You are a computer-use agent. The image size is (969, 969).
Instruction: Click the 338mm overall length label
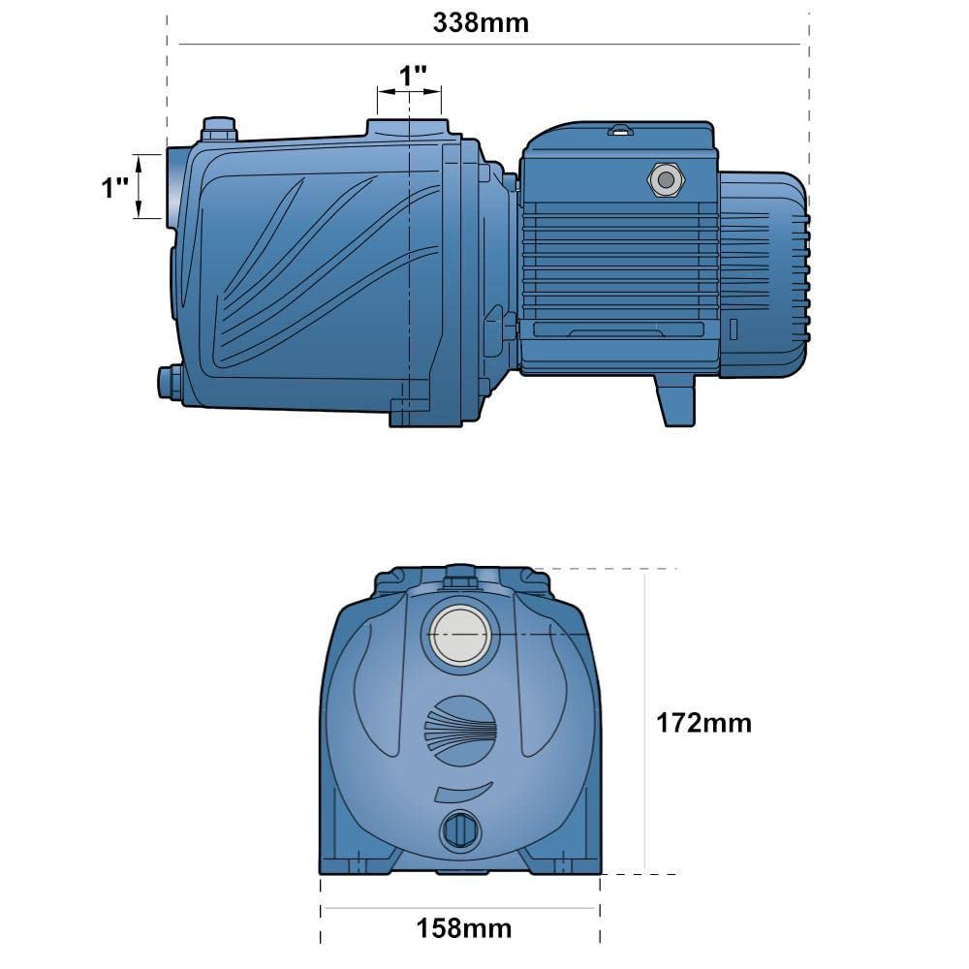481,23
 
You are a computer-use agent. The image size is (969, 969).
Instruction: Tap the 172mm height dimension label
703,723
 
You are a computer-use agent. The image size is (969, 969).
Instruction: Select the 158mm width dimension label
464,928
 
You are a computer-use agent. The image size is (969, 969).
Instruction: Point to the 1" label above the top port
413,76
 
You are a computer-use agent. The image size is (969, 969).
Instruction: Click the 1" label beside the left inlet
115,187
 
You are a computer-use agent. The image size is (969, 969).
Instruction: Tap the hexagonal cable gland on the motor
666,180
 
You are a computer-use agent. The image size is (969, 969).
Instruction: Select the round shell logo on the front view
461,731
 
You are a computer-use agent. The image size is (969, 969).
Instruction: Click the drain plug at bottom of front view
460,830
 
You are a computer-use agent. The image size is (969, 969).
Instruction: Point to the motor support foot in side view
674,400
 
